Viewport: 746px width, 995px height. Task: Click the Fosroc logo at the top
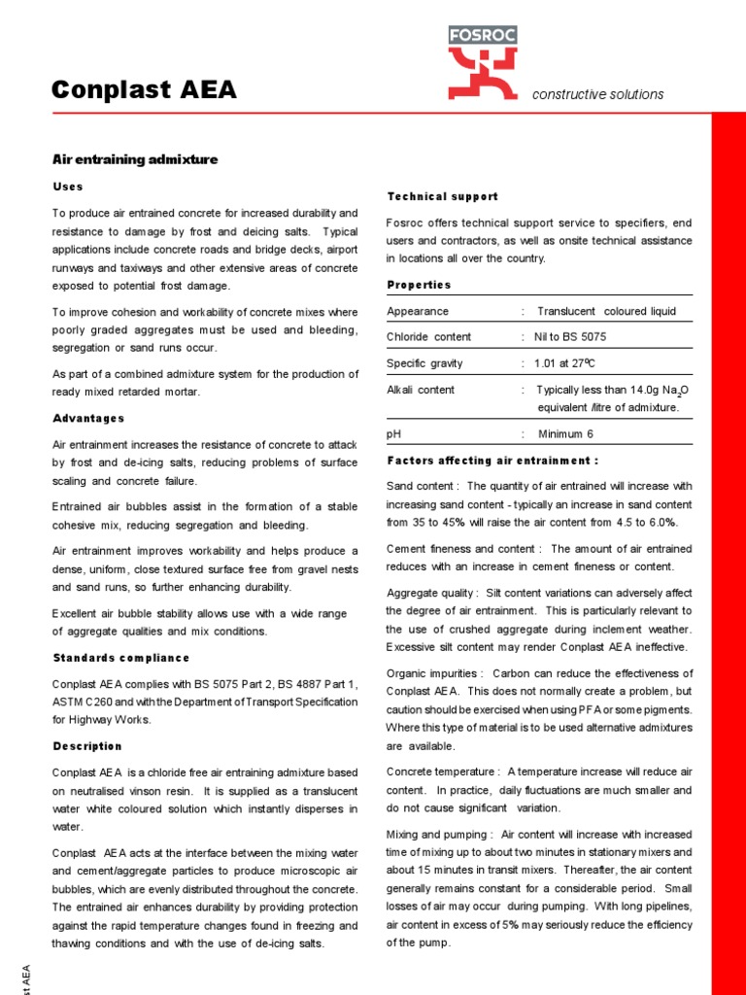click(482, 62)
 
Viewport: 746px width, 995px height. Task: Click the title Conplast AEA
click(143, 90)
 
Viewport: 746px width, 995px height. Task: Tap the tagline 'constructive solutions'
click(597, 94)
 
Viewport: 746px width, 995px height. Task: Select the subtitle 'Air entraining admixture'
click(134, 159)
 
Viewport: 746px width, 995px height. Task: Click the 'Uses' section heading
click(67, 187)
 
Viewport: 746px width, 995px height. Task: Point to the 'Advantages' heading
click(87, 418)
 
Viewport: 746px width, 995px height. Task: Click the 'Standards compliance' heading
click(120, 658)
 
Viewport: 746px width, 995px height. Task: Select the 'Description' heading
click(86, 746)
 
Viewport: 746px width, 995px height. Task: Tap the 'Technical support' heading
click(442, 196)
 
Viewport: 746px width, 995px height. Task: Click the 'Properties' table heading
click(419, 285)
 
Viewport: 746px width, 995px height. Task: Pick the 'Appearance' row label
click(418, 311)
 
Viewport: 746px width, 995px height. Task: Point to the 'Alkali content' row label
click(420, 390)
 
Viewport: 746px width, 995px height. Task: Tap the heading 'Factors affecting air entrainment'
click(492, 460)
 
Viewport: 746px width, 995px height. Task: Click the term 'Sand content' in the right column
click(421, 486)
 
